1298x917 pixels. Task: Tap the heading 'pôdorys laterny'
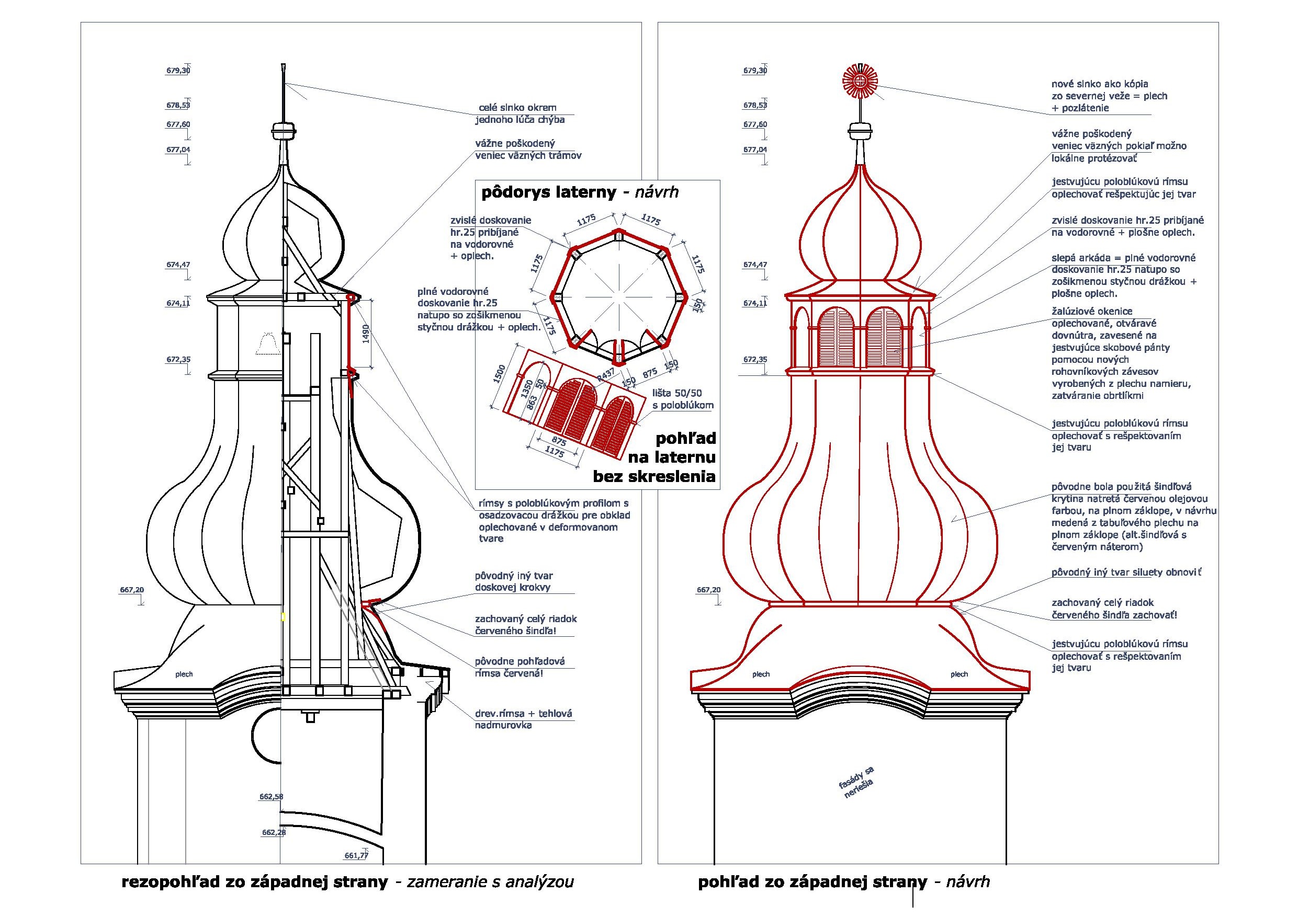tap(548, 193)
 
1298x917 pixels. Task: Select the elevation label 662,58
tap(272, 797)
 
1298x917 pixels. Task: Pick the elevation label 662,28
tap(274, 832)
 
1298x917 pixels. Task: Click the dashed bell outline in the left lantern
tap(268, 344)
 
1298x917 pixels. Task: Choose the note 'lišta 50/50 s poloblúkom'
tap(682, 399)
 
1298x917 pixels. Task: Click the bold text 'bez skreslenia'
tap(654, 476)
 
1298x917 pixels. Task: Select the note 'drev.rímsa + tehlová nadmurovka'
tap(523, 719)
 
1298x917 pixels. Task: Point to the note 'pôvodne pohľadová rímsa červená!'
tap(520, 667)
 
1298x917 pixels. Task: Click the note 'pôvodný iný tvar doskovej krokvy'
tap(513, 581)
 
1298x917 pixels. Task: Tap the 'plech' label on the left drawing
tap(184, 673)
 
